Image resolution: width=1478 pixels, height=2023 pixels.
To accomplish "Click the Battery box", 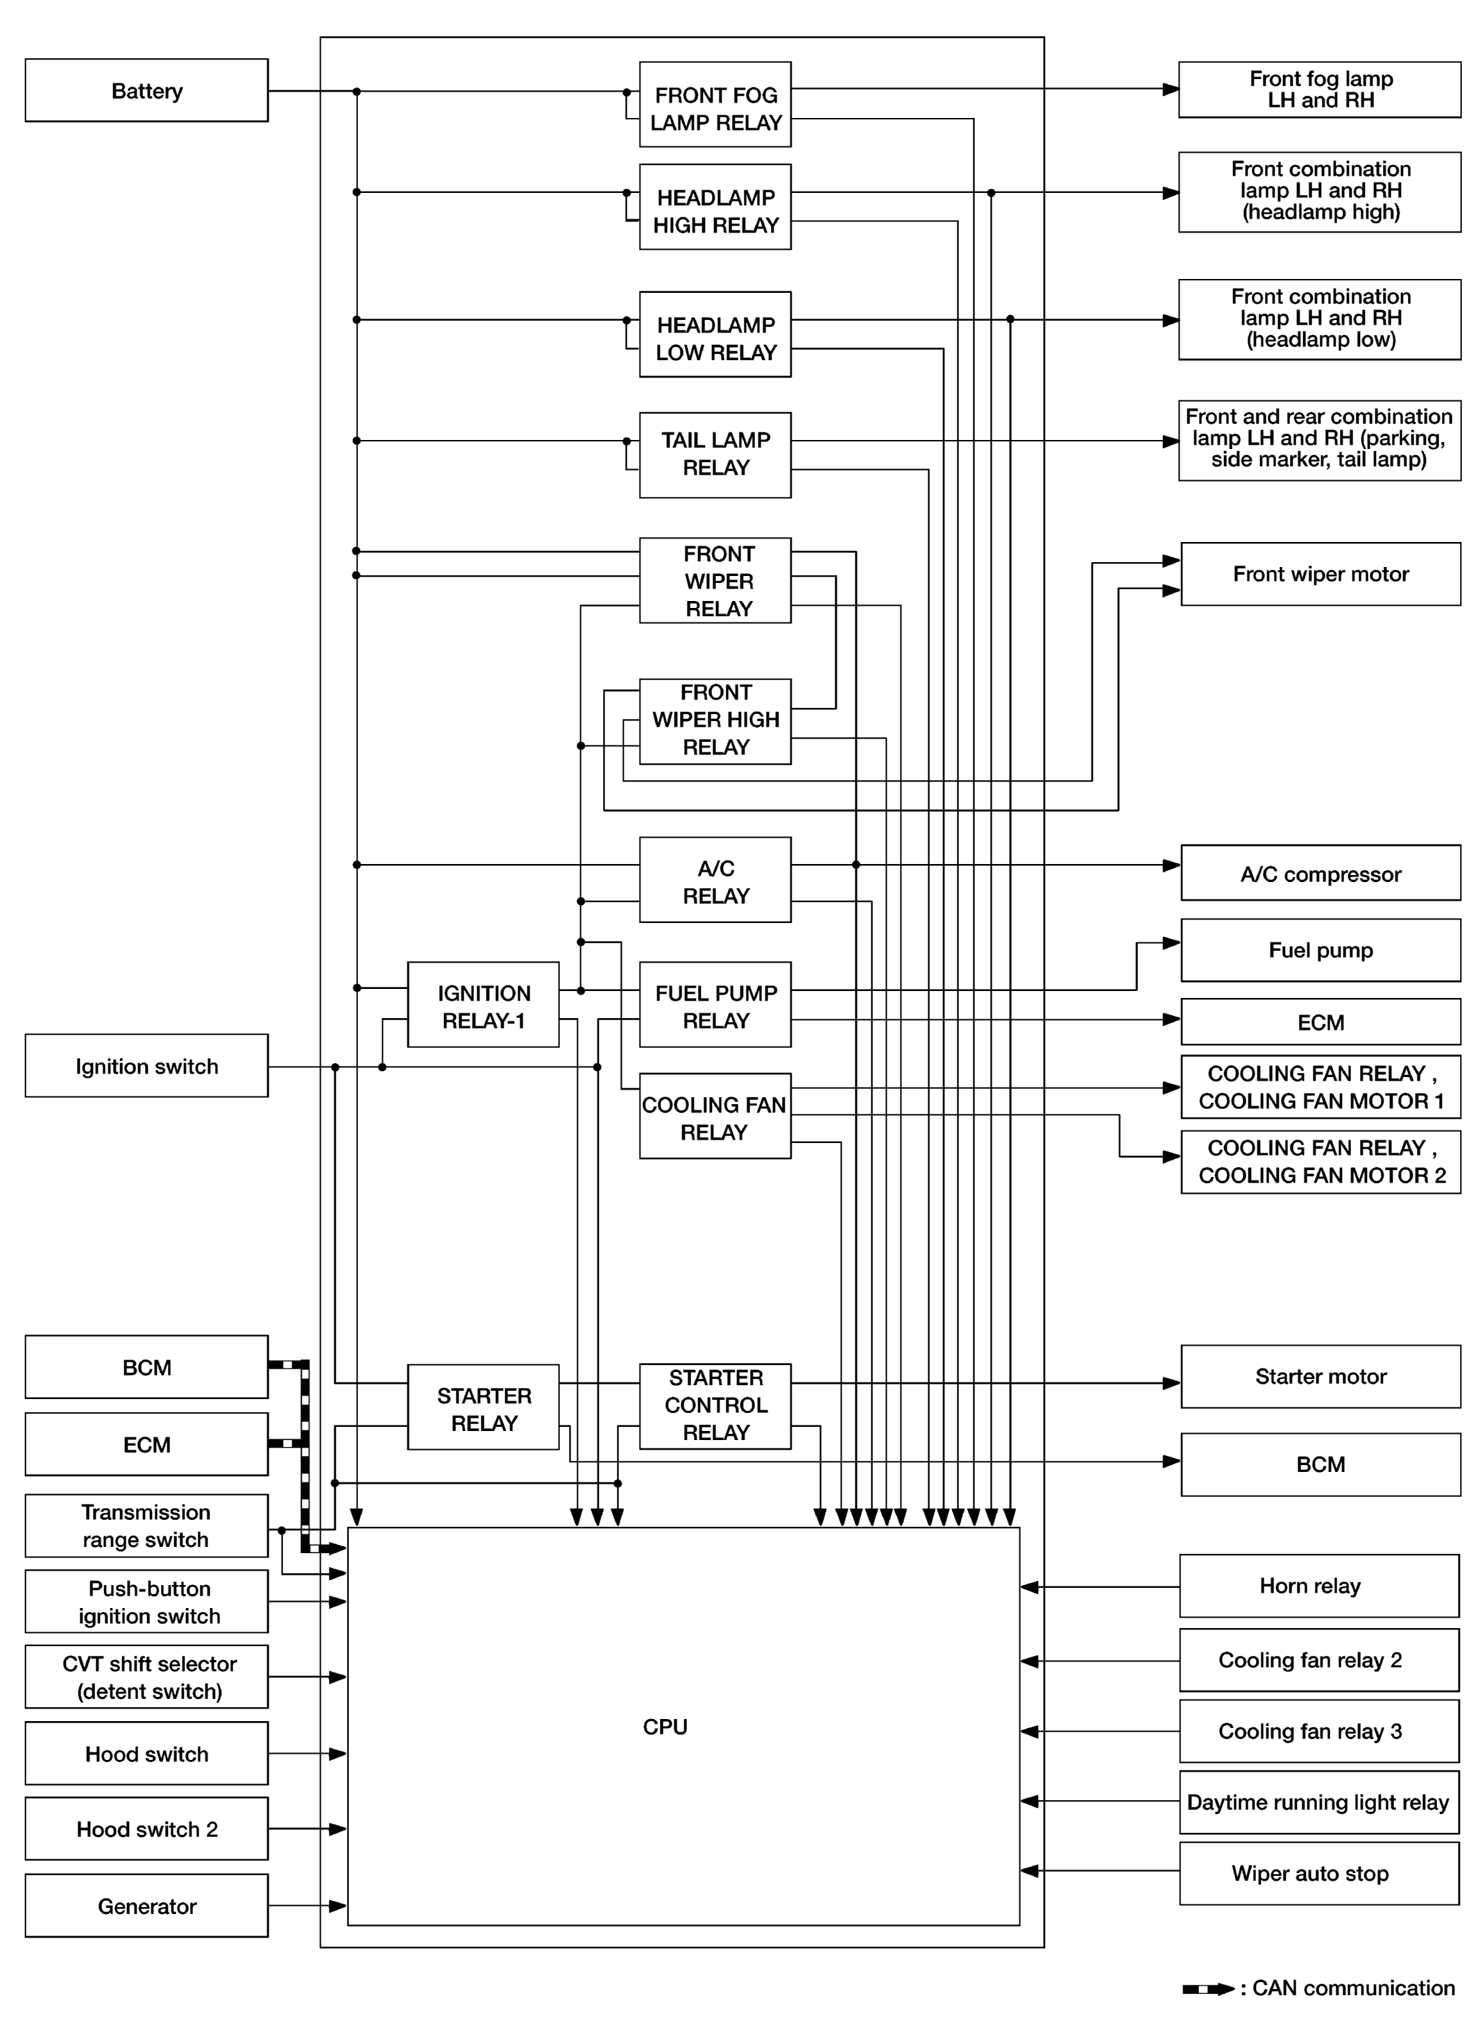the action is pos(146,90).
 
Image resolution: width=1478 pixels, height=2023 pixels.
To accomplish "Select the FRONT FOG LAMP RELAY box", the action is pos(715,105).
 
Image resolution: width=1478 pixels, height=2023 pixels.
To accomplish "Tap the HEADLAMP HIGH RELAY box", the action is pos(715,207).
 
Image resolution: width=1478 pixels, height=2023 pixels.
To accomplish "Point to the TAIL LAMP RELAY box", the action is pos(715,455).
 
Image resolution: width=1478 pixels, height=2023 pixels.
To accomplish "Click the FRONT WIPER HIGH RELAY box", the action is pos(715,721).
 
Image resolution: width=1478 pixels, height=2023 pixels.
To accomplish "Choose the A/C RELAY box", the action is pos(715,879).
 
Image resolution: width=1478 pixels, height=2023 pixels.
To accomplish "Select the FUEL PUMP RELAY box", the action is pos(715,1005).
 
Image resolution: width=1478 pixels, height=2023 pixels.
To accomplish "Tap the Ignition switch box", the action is pos(146,1065).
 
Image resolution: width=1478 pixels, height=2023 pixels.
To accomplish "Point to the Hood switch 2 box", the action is pos(146,1829).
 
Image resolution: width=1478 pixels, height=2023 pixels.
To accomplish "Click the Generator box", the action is pos(146,1906).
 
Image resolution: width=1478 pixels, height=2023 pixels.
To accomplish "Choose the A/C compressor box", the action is pos(1320,873).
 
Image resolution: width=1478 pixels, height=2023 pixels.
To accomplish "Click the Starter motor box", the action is pos(1320,1376).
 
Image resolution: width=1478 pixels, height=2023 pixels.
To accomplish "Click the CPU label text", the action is pos(665,1727).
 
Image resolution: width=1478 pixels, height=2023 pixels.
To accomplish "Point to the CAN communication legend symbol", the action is pos(1208,1989).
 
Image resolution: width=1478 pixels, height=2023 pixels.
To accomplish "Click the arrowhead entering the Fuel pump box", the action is pos(1171,942).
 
